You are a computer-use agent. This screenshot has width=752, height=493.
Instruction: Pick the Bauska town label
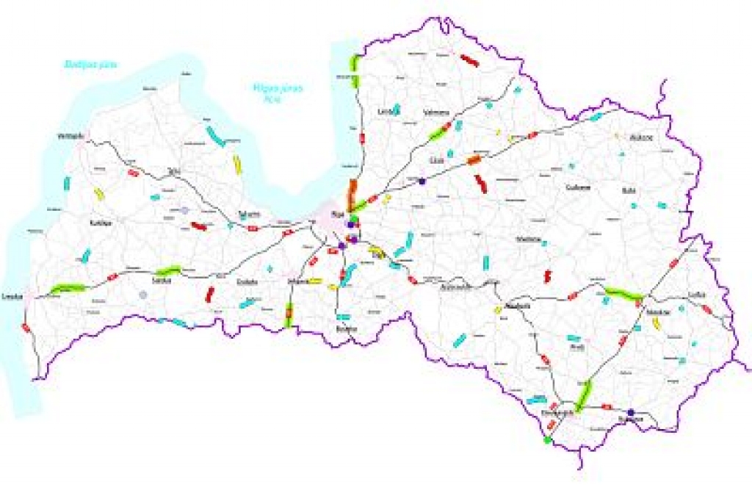click(x=345, y=328)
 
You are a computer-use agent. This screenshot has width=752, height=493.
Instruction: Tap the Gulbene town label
click(x=578, y=187)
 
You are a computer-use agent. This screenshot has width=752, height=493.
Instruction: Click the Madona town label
click(x=529, y=240)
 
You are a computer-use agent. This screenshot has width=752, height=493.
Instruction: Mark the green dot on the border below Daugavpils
click(x=547, y=440)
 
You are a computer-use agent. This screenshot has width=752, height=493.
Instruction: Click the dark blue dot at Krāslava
click(x=630, y=412)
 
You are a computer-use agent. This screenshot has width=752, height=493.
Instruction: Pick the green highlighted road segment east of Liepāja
click(x=67, y=287)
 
